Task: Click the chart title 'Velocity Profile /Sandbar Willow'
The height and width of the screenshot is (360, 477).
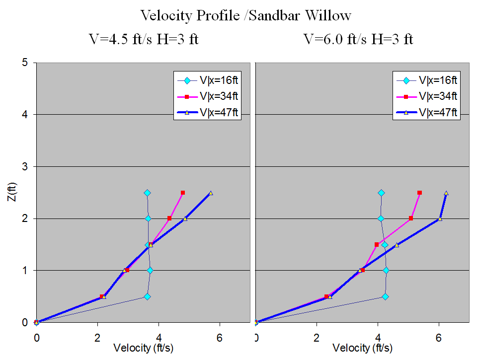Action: [245, 15]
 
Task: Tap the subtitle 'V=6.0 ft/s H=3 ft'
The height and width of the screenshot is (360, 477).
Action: [358, 39]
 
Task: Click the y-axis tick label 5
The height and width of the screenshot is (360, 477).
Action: [25, 63]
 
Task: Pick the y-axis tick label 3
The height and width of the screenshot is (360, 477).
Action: [25, 166]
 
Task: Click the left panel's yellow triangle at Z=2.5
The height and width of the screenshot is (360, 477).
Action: [211, 193]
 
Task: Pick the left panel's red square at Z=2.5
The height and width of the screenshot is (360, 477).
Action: [183, 193]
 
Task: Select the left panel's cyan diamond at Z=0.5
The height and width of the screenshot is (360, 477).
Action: [147, 296]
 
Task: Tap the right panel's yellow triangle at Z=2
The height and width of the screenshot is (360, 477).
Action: [439, 218]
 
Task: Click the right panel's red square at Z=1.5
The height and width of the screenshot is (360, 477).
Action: [377, 244]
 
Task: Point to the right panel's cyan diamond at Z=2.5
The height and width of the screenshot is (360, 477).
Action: [381, 193]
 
